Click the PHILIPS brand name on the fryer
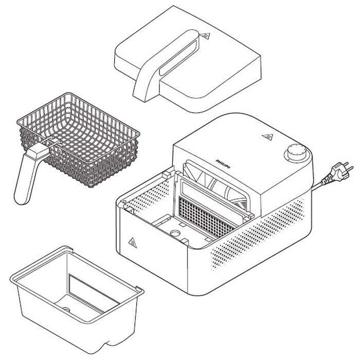(223, 164)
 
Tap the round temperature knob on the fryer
(296, 152)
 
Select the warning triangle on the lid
(205, 37)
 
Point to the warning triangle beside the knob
(267, 137)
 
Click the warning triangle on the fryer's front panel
(133, 243)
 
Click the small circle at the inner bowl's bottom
(66, 310)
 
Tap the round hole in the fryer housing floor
(176, 233)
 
